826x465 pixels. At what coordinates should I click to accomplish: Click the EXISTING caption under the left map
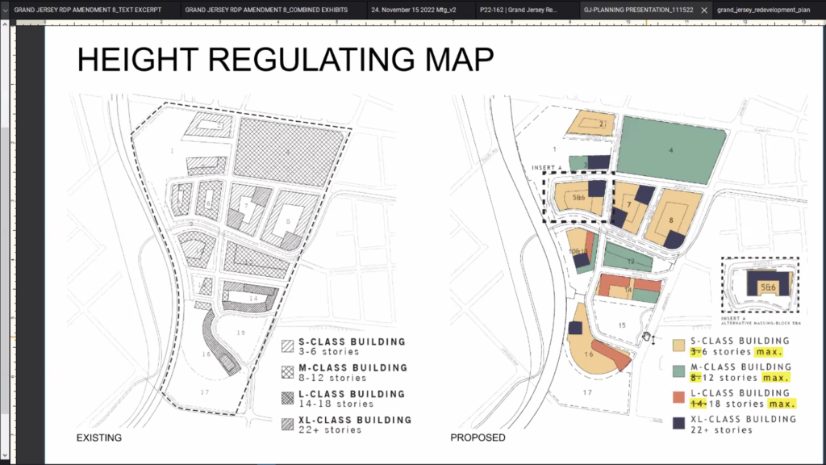(x=98, y=438)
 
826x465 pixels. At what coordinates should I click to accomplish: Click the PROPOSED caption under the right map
(x=478, y=438)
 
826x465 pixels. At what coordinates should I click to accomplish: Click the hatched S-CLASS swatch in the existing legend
(x=287, y=346)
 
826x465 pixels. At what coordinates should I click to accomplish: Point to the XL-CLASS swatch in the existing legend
(x=287, y=424)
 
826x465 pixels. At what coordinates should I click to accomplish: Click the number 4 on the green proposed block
(x=670, y=149)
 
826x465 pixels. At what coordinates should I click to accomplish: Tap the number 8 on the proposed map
(x=670, y=220)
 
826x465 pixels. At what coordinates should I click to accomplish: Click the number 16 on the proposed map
(x=589, y=354)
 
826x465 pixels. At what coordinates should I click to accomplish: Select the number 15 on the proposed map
(x=621, y=325)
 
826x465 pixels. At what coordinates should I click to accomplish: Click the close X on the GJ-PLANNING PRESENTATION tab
(x=704, y=10)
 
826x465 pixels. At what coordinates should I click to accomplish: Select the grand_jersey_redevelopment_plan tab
(x=762, y=10)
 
